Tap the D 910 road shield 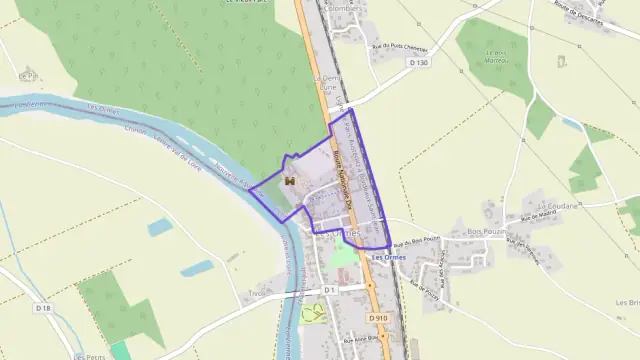pos(376,318)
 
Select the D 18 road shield pos(43,308)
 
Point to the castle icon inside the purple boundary pos(290,180)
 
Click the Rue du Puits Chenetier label pos(400,46)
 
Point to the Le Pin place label pos(27,75)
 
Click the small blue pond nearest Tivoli pos(197,268)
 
